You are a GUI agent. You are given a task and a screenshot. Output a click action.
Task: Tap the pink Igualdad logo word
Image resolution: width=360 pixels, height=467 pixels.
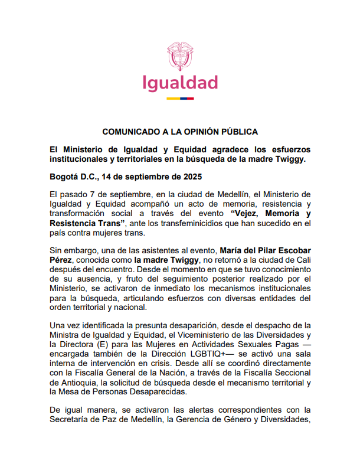180,83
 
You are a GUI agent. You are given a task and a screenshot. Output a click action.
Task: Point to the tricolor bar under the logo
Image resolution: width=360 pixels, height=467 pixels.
180,98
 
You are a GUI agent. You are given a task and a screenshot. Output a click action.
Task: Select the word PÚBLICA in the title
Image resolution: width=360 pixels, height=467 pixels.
240,131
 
